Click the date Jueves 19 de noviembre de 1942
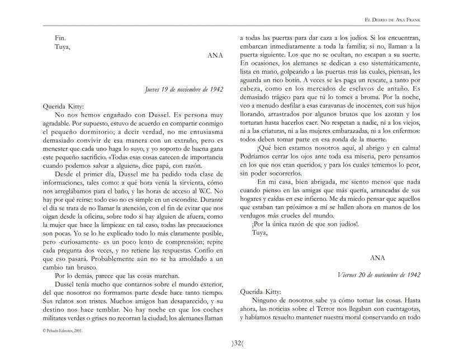[184, 89]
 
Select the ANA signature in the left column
[215, 56]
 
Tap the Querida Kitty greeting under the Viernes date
[260, 291]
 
